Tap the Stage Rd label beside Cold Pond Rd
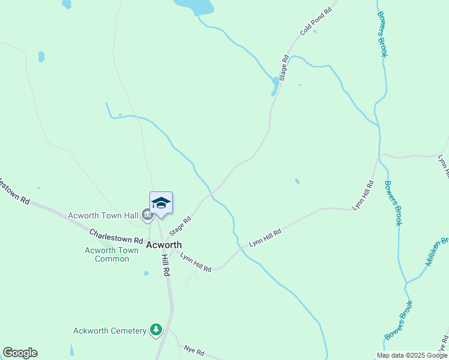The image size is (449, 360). coord(284,68)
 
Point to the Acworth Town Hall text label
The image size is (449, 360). coord(103,215)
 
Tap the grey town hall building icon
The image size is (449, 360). coord(146,214)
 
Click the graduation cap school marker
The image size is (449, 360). coord(161,203)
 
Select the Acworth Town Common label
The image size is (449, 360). coord(107,254)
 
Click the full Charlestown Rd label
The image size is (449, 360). coord(116,236)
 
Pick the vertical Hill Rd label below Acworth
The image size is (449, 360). coord(166,264)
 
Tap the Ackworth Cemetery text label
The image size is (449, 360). coord(110,331)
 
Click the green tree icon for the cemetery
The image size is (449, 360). coord(156,329)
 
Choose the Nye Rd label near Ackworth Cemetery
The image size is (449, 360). coord(194,351)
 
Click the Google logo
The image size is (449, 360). coord(20,353)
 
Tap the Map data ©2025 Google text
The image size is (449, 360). coord(412,355)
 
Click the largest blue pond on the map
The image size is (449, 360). coord(194,6)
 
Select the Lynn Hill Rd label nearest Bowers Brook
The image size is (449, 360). coord(363,195)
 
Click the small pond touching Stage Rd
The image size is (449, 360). coord(275,86)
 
